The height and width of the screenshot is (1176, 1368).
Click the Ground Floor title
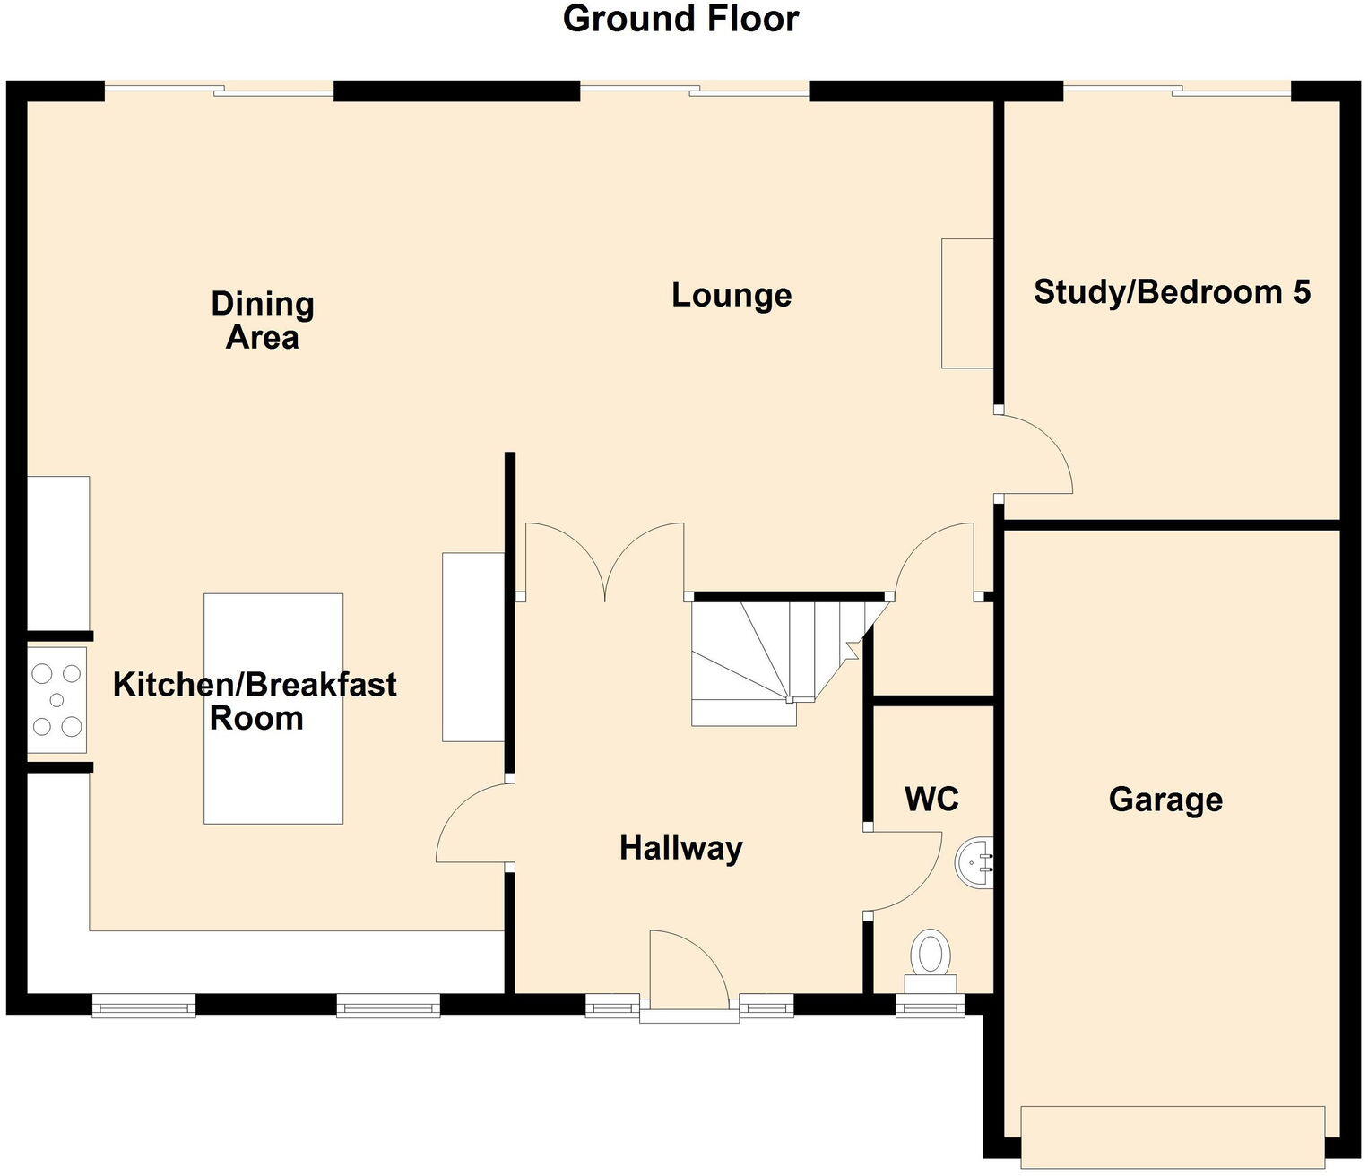(680, 20)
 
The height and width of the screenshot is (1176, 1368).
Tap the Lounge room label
(732, 295)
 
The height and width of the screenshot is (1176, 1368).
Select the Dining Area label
(262, 320)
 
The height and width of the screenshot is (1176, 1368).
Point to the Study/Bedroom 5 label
(1172, 292)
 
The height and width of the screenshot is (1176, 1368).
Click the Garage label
(1165, 799)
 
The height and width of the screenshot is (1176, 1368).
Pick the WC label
(931, 799)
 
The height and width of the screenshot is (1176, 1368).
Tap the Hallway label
(680, 848)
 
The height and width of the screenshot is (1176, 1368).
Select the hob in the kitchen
(56, 699)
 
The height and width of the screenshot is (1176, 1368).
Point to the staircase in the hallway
(771, 659)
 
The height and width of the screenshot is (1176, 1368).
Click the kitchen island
(273, 708)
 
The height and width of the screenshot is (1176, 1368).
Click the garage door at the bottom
(1172, 1137)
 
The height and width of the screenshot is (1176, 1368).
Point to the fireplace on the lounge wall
(966, 303)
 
